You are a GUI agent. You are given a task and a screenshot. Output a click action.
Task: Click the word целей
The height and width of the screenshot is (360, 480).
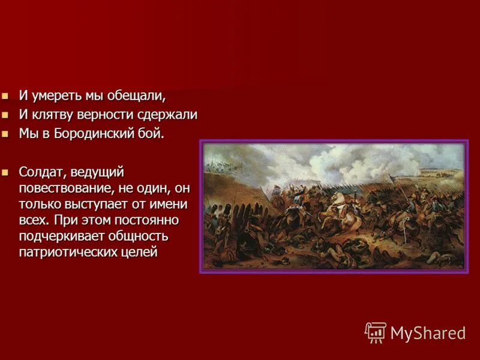tap(139, 252)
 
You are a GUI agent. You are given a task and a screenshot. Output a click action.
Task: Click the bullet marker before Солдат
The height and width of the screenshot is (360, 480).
tap(5, 173)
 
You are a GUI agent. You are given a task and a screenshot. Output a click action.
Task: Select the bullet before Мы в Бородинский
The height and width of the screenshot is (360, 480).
tap(5, 133)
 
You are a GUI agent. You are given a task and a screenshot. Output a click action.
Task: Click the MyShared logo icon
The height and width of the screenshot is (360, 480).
tap(375, 332)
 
